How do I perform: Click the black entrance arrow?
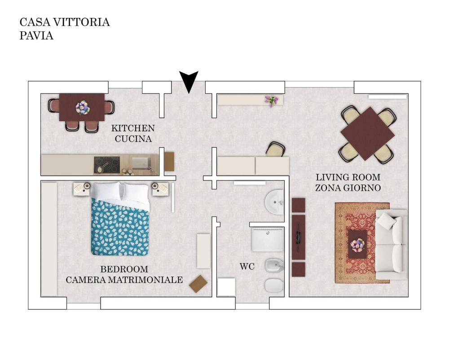189,81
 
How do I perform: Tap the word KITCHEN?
133,128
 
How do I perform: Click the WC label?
247,267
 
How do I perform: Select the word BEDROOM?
124,269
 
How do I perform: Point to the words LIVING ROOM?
348,177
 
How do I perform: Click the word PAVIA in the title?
36,35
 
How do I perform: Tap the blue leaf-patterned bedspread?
120,227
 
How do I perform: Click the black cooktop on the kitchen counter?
106,165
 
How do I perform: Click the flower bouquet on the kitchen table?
83,108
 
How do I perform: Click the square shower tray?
268,239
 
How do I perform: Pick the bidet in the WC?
274,267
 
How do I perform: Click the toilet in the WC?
274,285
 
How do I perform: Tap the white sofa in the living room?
391,245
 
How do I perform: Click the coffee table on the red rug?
357,245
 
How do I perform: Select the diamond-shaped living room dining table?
368,134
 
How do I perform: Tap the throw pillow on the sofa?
387,221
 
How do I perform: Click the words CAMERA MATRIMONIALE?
124,280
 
